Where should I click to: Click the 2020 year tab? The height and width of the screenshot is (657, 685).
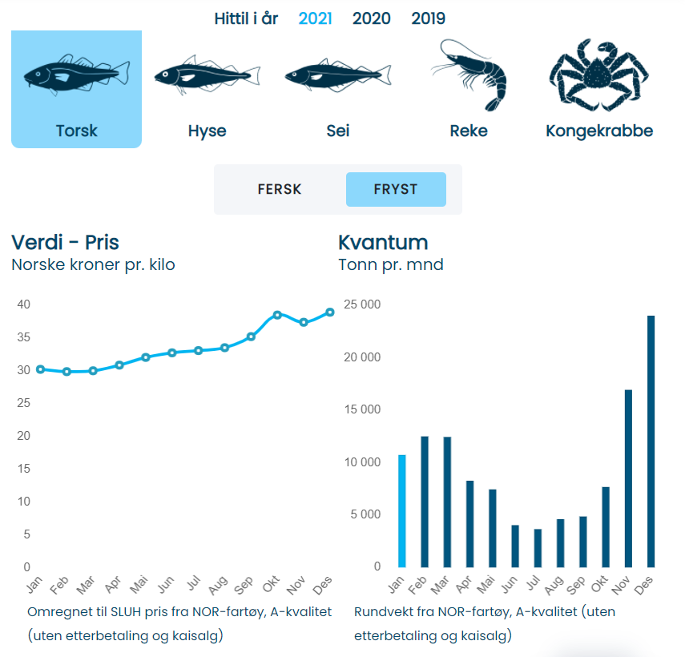[x=372, y=18]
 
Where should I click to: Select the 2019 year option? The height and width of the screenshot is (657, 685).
[x=429, y=18]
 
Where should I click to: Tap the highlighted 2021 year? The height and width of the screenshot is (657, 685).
[x=315, y=18]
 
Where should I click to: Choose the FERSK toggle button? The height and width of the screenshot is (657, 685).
[x=280, y=190]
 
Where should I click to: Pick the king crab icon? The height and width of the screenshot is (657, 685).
[x=598, y=75]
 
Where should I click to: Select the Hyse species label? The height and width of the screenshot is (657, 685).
[x=207, y=131]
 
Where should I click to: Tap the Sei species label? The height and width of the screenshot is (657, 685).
[x=338, y=131]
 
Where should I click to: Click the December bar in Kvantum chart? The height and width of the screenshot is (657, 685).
[x=651, y=441]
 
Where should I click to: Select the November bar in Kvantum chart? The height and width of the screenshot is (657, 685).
[x=629, y=478]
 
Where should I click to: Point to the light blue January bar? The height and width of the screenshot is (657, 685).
[x=402, y=510]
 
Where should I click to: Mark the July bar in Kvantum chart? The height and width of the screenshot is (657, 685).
[x=538, y=547]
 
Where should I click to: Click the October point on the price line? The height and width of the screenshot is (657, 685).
[x=277, y=315]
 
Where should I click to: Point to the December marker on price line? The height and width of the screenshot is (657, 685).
[x=330, y=312]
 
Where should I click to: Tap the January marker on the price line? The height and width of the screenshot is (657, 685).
[x=40, y=369]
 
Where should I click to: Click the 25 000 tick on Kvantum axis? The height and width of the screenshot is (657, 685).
[x=362, y=304]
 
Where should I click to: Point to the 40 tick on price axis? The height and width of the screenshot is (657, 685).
[x=24, y=304]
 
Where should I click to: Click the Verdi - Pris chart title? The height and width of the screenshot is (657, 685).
[x=65, y=242]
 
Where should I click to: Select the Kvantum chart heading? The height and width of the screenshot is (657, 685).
[x=383, y=242]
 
